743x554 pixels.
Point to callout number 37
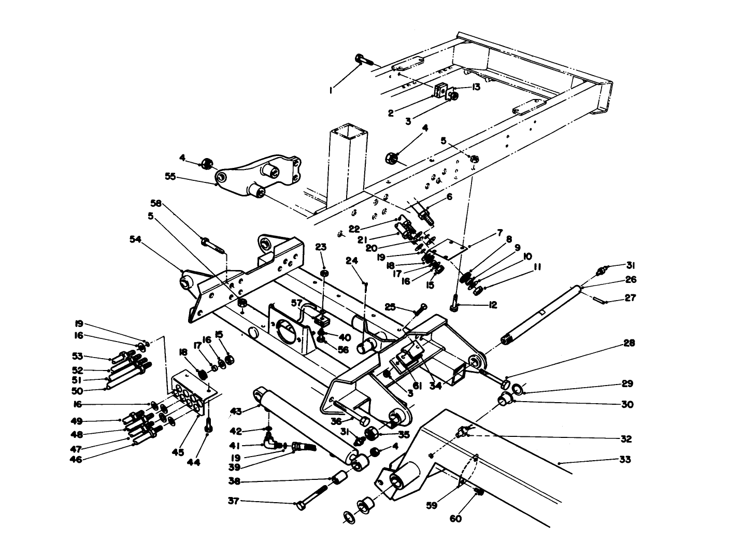[234, 501]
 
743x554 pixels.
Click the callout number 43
[236, 411]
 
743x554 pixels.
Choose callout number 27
[631, 298]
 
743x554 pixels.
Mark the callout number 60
[455, 518]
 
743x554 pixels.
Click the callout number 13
[476, 87]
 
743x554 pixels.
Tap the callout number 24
[353, 262]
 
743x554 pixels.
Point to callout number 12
[492, 305]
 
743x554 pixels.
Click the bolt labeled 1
[363, 60]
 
